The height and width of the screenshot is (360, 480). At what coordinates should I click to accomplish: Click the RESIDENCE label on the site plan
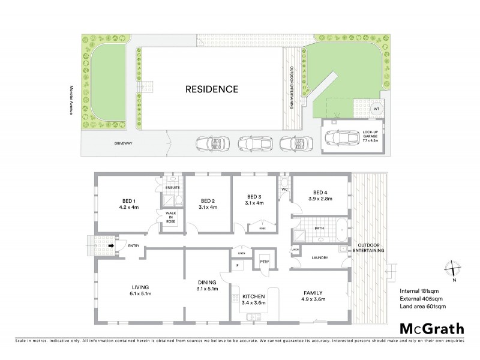(211, 89)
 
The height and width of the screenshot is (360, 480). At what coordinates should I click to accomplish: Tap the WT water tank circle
(376, 109)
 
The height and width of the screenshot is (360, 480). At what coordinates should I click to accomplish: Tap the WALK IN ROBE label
(170, 217)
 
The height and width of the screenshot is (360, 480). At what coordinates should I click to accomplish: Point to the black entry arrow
(111, 245)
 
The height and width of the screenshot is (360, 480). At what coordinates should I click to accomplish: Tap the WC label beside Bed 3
(286, 190)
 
